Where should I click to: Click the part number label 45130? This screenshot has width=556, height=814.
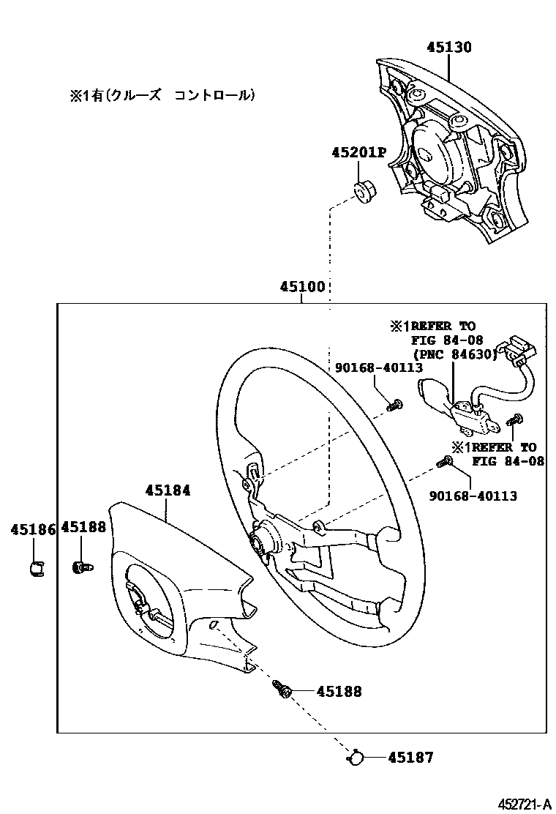449,48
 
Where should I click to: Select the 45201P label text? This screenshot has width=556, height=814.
358,152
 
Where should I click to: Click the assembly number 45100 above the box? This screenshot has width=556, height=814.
302,287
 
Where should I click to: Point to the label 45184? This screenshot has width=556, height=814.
168,490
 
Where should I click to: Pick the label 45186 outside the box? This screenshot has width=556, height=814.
33,529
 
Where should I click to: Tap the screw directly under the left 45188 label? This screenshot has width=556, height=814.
82,566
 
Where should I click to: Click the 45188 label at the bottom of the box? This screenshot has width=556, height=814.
339,690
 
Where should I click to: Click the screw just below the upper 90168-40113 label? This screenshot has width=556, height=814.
395,403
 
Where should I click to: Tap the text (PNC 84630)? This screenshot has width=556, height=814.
454,354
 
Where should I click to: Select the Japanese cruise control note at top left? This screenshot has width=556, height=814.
162,95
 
